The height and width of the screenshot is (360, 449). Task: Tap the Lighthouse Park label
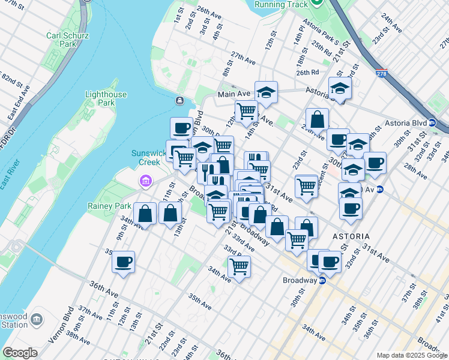(106, 98)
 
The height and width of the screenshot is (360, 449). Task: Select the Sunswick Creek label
(146, 157)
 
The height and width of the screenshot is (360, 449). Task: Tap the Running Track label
(281, 4)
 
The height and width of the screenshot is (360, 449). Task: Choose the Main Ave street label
(234, 94)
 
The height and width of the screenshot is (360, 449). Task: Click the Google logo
(20, 353)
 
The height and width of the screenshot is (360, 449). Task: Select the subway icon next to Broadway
(322, 280)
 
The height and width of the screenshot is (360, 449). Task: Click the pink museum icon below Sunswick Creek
(145, 181)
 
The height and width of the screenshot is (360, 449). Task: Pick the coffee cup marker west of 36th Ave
(123, 262)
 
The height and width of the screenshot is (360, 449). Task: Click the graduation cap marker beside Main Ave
(266, 92)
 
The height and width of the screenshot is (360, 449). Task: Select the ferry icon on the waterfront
(179, 100)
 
